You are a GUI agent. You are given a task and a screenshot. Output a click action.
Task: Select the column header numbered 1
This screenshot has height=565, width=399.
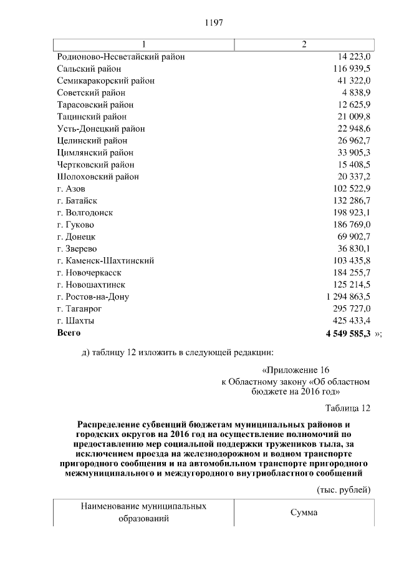click(x=144, y=45)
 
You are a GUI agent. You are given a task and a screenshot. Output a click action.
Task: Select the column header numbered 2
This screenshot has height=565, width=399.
click(x=304, y=45)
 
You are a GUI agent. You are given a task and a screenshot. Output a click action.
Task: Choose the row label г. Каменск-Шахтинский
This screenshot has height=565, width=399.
click(x=105, y=261)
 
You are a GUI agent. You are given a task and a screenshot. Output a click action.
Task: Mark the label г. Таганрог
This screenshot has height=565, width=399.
click(x=79, y=309)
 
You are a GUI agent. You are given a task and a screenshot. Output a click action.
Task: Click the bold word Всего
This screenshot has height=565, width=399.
click(x=69, y=333)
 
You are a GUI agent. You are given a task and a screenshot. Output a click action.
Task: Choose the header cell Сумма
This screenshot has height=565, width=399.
click(x=304, y=513)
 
